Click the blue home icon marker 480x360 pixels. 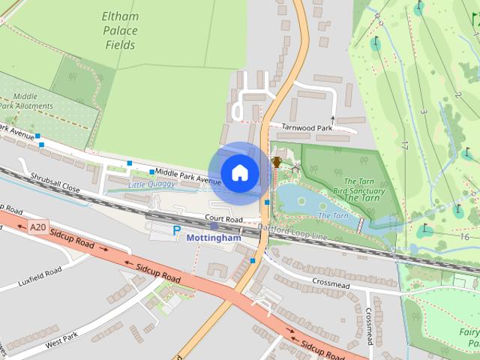pos(239,172)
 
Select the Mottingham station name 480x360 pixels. pos(214,238)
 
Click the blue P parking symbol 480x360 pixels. pos(177,231)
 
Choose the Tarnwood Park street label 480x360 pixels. pos(307,127)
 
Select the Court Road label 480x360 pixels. pos(224,219)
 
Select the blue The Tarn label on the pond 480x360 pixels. pos(333,216)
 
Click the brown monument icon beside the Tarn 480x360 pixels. pos(277,161)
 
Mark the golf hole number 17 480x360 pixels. pos(404,145)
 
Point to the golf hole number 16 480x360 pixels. pos(465,237)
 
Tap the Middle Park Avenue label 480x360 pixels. pos(187,177)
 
